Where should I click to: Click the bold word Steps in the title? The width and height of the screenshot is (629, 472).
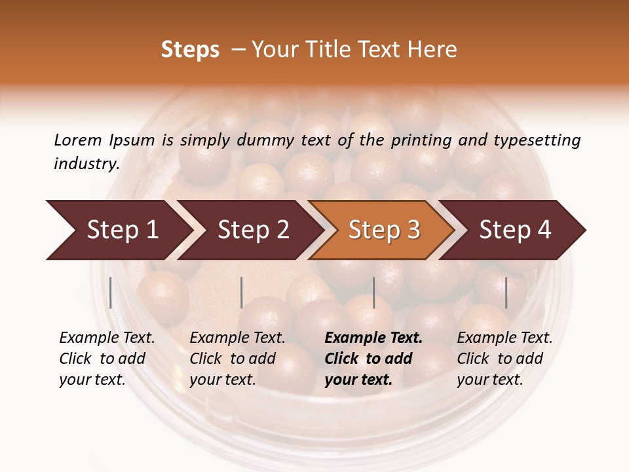(190, 50)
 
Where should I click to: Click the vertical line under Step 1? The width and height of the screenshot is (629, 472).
(111, 292)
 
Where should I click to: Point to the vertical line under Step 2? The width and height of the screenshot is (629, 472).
(242, 292)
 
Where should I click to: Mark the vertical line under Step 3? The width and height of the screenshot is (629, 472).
(373, 292)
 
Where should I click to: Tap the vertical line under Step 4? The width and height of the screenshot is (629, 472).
(506, 292)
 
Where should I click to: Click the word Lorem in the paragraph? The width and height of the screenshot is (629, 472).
(78, 140)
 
